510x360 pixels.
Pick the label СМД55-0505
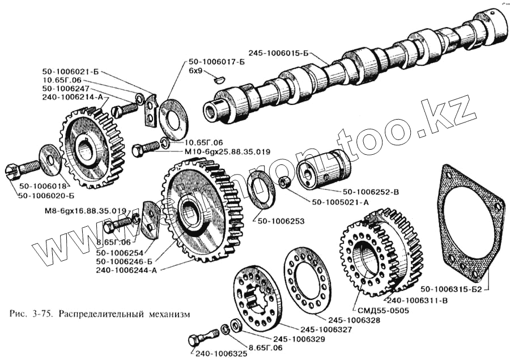381,310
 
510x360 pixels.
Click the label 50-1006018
42,187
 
